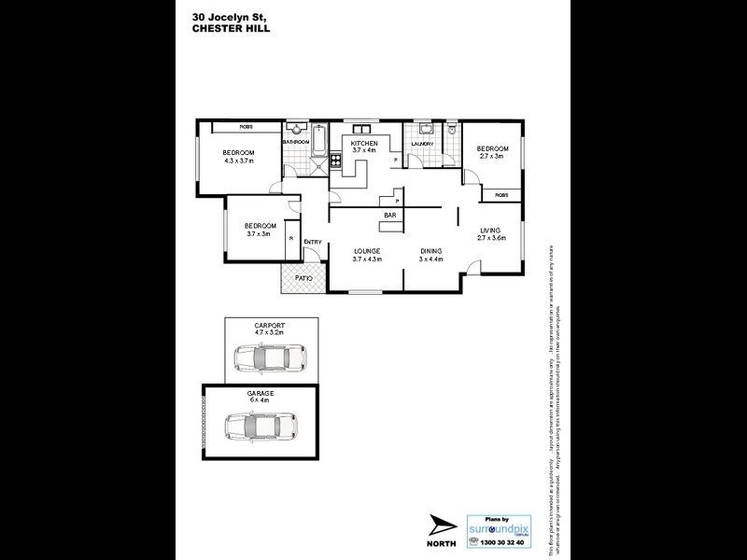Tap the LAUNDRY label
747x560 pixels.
[x=424, y=144]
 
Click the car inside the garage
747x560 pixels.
[x=261, y=426]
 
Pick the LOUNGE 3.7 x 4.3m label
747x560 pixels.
[x=368, y=255]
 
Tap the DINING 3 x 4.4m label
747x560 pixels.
[x=430, y=255]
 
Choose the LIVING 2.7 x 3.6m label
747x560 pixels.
[x=491, y=233]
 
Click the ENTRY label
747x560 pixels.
[x=312, y=243]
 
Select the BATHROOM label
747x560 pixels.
[x=297, y=141]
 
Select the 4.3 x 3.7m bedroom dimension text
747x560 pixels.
[x=238, y=161]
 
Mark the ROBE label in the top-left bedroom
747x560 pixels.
[x=247, y=127]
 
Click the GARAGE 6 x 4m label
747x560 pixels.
[x=261, y=398]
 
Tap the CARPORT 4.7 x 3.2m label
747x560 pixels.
[x=270, y=329]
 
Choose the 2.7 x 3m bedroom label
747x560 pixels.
[x=492, y=153]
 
